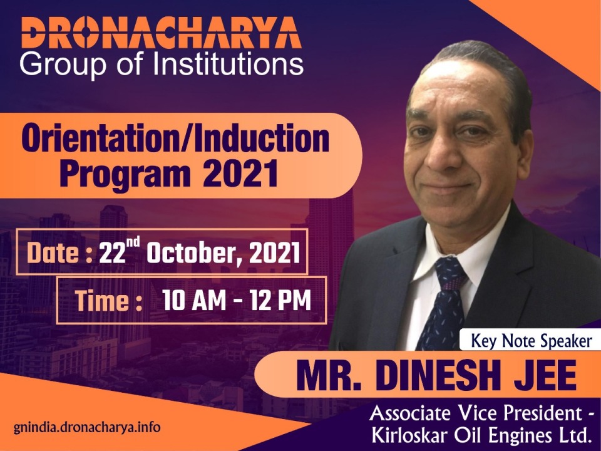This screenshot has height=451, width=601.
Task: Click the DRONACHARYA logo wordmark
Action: coord(162,33)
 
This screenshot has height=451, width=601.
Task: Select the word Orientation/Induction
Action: coord(175,138)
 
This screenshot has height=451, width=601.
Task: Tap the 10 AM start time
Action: coord(194,300)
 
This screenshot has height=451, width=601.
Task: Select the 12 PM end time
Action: coord(280,300)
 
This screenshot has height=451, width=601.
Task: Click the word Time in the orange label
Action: coord(103,301)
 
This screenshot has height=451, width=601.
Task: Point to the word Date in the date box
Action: coord(53,253)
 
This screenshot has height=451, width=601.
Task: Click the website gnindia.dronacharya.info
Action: coord(87,427)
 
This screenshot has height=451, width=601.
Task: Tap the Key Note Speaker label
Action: coord(532,341)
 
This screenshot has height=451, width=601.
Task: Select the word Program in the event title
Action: coord(125,175)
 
